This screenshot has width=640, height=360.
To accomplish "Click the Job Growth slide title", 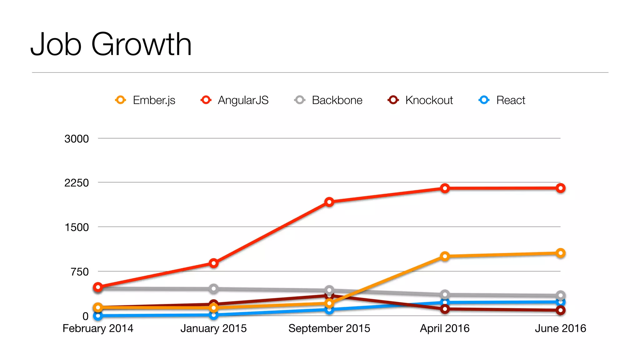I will pos(111,44).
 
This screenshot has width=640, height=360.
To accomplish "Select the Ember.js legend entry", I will pos(145,100).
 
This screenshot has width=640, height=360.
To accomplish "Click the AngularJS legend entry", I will pos(235,100).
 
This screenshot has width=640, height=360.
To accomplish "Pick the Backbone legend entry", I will pos(328,100).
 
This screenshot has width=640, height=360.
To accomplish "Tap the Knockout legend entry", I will pos(420,100).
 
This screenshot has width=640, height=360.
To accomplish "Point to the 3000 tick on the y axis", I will pos(77,139).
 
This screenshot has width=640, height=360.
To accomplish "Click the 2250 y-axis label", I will pos(77,183).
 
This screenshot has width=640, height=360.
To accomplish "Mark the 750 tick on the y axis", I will pos(80,272).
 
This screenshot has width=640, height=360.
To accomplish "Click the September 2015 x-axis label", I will pos(329,328).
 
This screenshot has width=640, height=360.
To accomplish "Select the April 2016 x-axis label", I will pos(445,328).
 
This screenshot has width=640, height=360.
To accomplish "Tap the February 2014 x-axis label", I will pos(98,328).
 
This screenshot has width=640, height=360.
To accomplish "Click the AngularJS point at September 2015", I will pos(329,202).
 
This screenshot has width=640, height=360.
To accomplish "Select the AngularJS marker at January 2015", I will pos(213,263).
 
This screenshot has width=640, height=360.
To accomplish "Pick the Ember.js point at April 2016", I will pos(445,257).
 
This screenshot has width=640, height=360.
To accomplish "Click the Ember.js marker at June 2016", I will pos(560,253).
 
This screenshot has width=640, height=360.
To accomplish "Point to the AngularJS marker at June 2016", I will pos(560,188).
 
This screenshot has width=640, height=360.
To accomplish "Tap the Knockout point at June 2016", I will pos(560,310).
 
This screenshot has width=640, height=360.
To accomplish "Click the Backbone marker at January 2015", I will pos(213,289).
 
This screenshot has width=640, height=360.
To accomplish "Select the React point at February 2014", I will pos(98,316).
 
